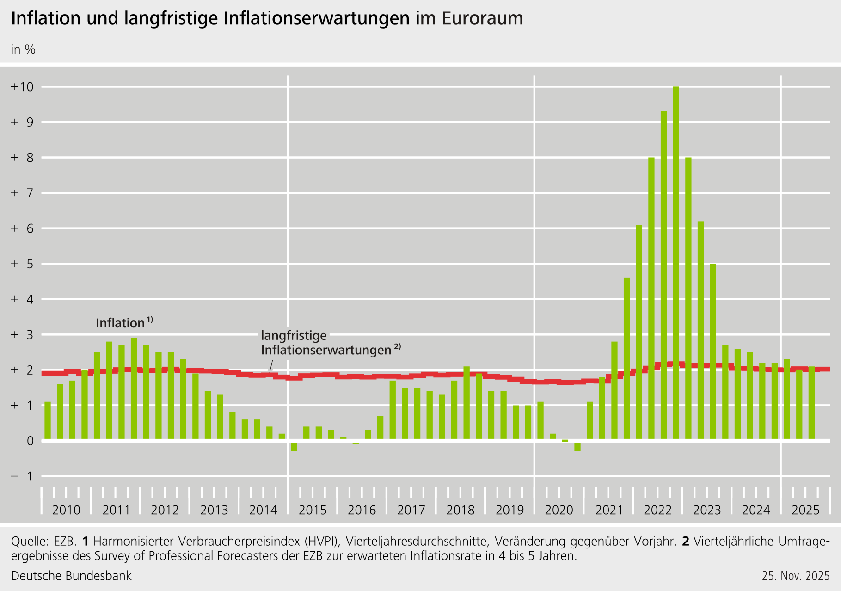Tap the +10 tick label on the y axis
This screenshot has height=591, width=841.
(22, 86)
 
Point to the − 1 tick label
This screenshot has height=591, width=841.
(22, 476)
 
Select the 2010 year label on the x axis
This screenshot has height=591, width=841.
(66, 510)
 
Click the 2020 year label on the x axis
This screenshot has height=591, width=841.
(559, 510)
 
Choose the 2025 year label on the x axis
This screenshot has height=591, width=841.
(805, 510)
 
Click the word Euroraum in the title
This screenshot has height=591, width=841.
(482, 18)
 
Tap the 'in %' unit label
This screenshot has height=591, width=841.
(23, 49)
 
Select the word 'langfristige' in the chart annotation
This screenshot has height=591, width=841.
(294, 335)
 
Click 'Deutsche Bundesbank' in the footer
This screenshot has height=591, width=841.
(71, 576)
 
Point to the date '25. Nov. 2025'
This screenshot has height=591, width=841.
(796, 576)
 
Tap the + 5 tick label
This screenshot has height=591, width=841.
(22, 264)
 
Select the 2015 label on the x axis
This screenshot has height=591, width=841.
(313, 510)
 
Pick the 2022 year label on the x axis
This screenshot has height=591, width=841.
(657, 510)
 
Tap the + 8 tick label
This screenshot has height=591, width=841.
(22, 158)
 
